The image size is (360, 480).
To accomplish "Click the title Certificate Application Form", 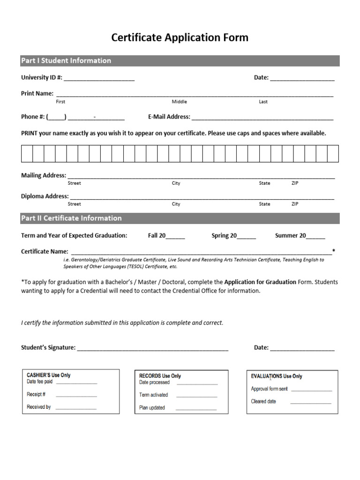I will [x=180, y=37].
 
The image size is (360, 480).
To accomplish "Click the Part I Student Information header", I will [x=66, y=60].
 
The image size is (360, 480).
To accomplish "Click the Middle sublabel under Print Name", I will [x=179, y=102].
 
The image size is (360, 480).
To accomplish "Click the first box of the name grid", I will [x=27, y=153].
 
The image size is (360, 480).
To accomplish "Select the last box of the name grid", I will [x=332, y=153].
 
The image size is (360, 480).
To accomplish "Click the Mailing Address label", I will [x=44, y=175].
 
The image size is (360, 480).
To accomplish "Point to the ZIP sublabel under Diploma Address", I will [x=294, y=204].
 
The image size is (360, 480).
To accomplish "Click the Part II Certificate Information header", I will [x=71, y=218].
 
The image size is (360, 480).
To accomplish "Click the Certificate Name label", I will [x=45, y=251].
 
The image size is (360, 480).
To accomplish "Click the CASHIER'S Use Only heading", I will [x=49, y=375].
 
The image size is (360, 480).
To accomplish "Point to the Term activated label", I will [x=153, y=395].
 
